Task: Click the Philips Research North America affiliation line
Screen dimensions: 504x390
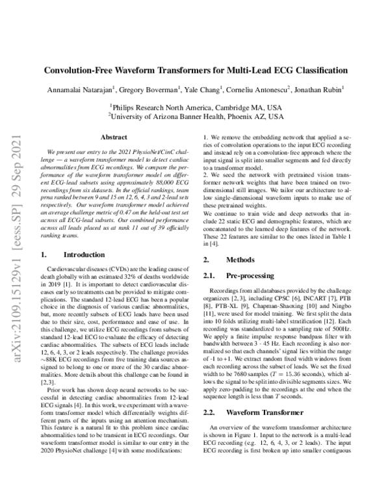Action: (195, 106)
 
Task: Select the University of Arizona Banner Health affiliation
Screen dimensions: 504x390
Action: (195, 116)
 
